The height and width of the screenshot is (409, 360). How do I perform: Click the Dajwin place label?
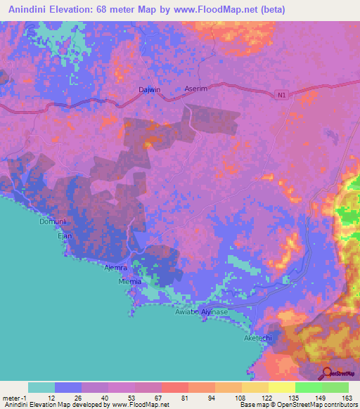click(x=149, y=90)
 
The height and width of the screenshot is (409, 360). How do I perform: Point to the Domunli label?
click(x=51, y=222)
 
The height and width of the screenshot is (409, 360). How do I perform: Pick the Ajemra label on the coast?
click(x=115, y=268)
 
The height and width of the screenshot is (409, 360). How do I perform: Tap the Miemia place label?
click(x=130, y=281)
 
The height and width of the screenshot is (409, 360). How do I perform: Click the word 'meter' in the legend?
click(x=9, y=397)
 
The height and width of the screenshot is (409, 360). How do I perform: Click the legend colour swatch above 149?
click(x=308, y=387)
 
